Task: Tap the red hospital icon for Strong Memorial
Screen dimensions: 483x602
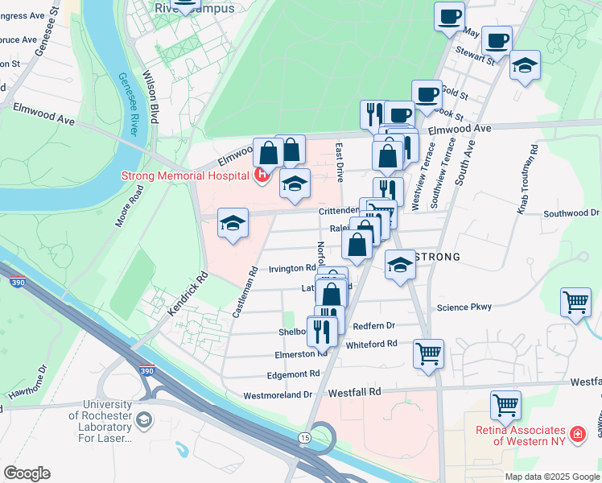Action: (x=261, y=174)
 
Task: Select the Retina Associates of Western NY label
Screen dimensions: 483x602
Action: (x=520, y=435)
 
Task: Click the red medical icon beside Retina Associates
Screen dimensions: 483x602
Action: (x=576, y=435)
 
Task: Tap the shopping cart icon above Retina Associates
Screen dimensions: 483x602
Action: (x=505, y=406)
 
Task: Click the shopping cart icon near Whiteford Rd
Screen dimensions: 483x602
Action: (x=428, y=353)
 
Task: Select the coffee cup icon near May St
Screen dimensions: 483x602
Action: (x=449, y=15)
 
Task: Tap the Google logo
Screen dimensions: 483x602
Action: (x=27, y=473)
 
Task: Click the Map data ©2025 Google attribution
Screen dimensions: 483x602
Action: (x=552, y=477)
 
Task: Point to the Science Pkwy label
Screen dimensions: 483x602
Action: (x=464, y=307)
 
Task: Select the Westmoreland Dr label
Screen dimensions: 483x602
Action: (x=278, y=395)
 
